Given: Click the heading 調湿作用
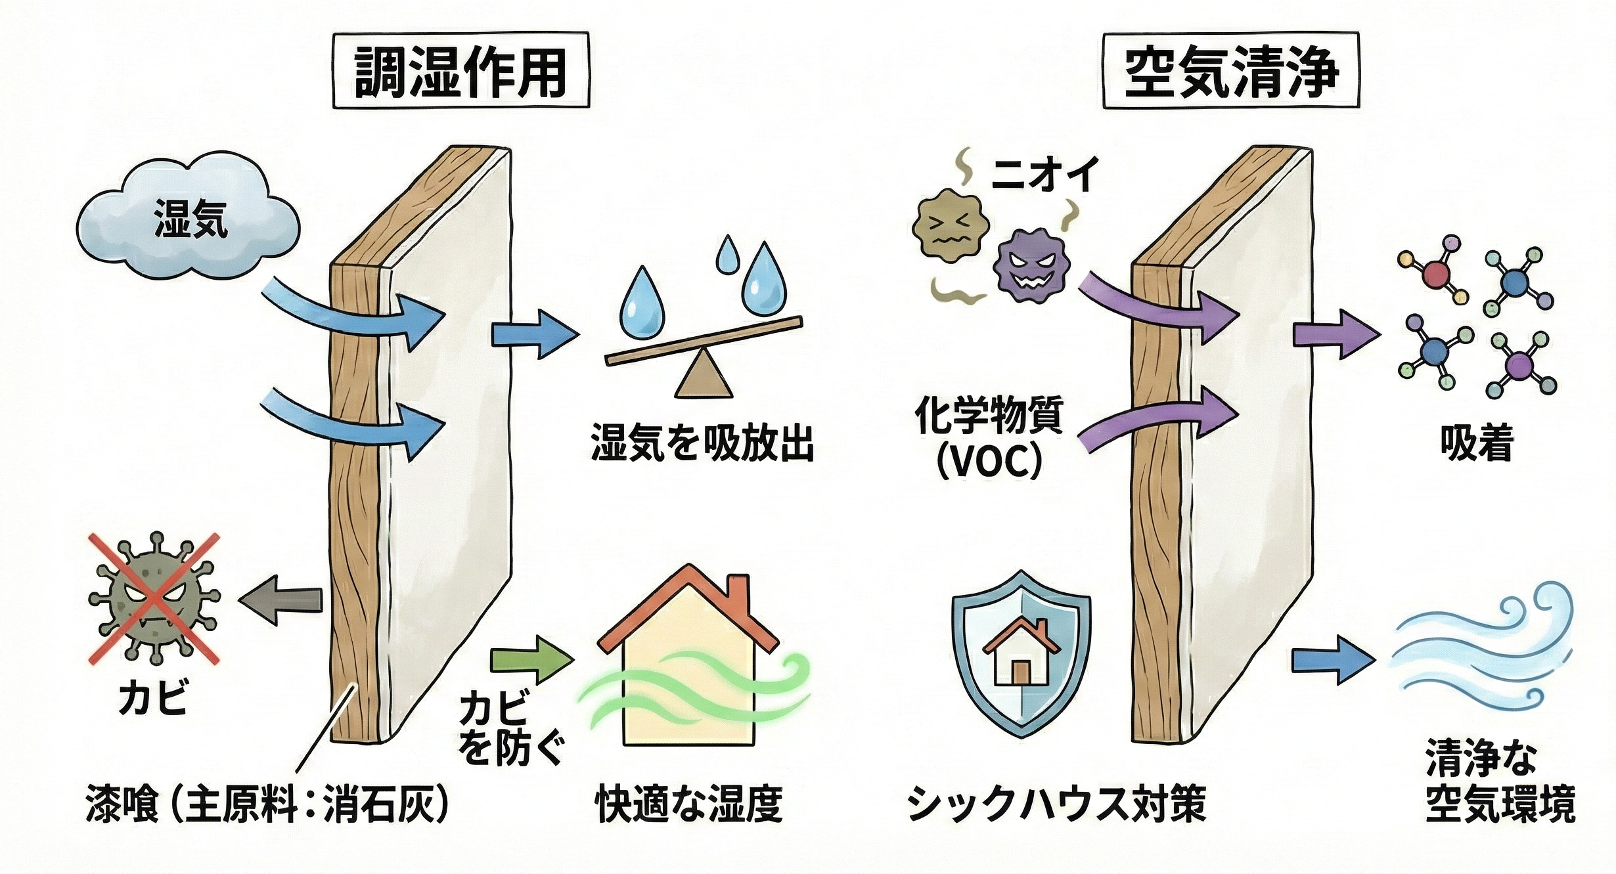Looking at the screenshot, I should point(460,71).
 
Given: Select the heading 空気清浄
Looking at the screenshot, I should point(1230,71).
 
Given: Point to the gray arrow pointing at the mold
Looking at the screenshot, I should point(281,600).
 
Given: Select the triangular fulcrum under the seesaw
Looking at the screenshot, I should point(704,375).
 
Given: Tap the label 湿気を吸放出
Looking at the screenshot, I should point(702,443).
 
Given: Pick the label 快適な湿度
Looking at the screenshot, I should point(689,804).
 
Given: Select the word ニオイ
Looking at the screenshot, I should point(1044,175).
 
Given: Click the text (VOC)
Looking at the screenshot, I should point(989,462).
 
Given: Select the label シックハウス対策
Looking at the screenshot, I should point(1056,804).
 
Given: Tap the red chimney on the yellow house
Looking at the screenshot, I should point(739,594).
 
